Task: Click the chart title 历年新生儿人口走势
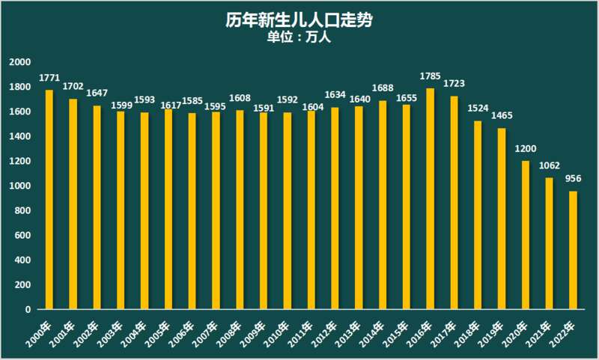tap(299, 20)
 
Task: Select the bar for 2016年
tap(430, 198)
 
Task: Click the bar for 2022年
tap(573, 250)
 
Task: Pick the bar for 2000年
tap(49, 199)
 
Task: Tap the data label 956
tap(574, 178)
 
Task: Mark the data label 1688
tap(383, 88)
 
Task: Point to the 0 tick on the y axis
tap(28, 309)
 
